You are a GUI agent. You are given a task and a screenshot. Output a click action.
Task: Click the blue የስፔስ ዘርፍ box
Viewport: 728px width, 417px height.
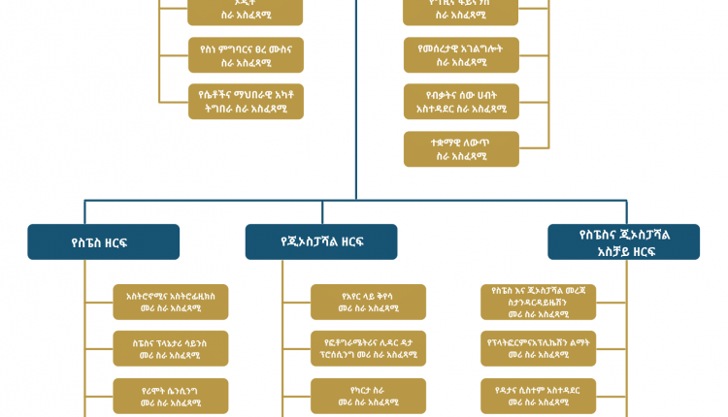tap(103, 242)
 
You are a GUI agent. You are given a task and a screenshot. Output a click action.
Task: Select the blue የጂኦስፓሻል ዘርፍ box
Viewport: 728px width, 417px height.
tap(321, 242)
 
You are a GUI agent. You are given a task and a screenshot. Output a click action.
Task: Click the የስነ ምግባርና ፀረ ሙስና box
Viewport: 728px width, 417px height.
tap(246, 55)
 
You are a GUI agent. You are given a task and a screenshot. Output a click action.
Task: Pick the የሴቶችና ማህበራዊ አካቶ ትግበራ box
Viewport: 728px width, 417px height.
tap(246, 102)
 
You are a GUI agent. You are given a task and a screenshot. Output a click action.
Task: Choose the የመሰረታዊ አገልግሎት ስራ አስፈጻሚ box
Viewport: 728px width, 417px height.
tap(461, 55)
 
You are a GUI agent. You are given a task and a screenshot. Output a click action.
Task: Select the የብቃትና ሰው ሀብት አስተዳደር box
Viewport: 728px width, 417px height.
tap(461, 102)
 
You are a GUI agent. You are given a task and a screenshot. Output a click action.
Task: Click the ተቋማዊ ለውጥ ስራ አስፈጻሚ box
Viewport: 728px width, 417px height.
tap(461, 148)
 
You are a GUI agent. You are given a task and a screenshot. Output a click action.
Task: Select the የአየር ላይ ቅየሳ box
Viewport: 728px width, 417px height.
tap(369, 302)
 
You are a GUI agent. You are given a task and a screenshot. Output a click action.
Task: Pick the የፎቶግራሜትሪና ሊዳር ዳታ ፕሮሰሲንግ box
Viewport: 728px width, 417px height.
tap(369, 348)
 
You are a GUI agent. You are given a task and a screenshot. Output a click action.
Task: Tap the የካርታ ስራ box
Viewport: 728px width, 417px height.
tap(369, 395)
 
